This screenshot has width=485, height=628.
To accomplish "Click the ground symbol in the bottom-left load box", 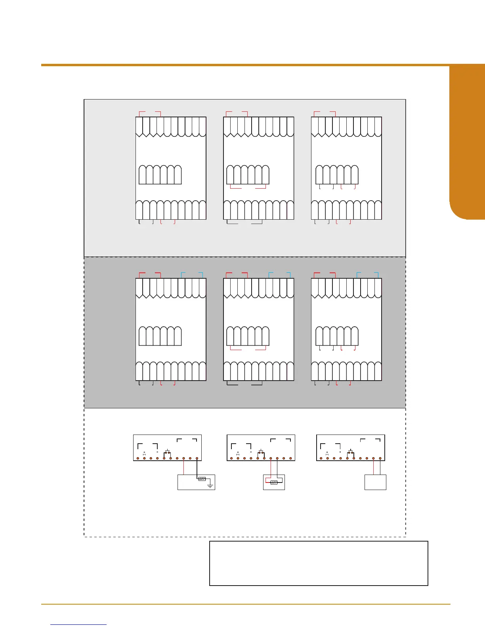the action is pos(210,485).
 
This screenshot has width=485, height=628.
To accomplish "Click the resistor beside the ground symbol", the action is pos(202,479).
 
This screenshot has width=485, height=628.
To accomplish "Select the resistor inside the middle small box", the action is pos(273,482).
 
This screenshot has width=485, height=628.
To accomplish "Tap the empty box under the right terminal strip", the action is pos(375,482).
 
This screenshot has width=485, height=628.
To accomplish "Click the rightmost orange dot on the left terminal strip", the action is pos(197,459).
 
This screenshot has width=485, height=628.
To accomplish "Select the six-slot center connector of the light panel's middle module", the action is pos(248,175).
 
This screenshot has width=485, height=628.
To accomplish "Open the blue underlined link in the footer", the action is pos(79,624).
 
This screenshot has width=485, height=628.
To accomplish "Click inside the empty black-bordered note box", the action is pos(319,563).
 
